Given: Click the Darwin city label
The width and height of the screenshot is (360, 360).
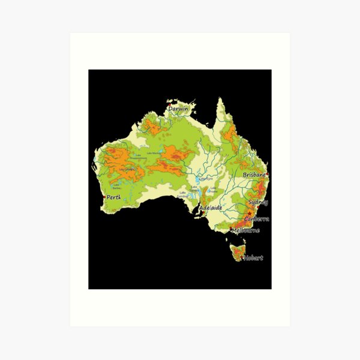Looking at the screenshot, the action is [x=178, y=109].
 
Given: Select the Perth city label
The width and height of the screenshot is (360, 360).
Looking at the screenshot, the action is [x=113, y=197].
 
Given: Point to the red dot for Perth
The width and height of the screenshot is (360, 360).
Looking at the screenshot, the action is [x=104, y=197].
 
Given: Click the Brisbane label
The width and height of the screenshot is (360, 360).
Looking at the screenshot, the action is [x=254, y=174].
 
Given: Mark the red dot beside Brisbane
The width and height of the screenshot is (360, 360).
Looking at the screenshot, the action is [x=267, y=175].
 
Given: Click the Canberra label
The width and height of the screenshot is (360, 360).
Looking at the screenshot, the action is [x=257, y=219].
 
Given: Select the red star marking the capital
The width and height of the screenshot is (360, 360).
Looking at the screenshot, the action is [x=248, y=214].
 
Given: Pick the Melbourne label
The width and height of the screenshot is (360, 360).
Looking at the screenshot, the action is [x=245, y=230].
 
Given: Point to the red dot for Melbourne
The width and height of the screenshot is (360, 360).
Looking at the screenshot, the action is [x=230, y=229].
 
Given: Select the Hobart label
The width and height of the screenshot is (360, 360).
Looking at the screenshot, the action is [x=253, y=257].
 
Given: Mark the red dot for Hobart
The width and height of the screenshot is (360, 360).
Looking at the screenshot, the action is [x=242, y=257].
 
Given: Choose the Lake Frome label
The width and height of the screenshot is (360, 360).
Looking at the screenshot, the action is [x=213, y=191].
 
